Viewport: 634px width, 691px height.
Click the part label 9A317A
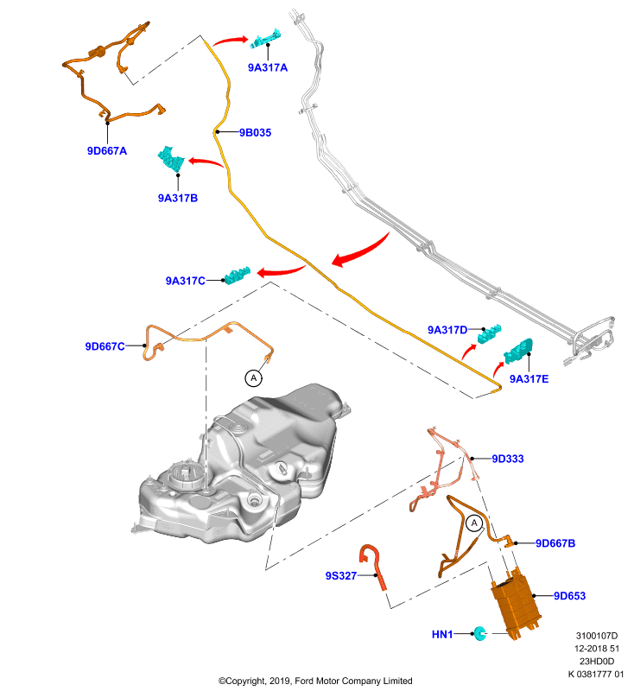(x=268, y=67)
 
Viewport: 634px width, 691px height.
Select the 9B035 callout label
(x=255, y=133)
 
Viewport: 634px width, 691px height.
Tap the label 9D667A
(x=107, y=150)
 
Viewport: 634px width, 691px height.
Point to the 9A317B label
(x=178, y=198)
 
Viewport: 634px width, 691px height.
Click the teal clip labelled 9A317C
(x=238, y=276)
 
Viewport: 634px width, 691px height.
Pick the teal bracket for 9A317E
(x=518, y=352)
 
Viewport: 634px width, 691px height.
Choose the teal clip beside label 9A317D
(x=490, y=333)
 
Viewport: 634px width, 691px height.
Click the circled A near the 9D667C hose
(x=253, y=378)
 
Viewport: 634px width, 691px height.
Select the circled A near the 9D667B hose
(x=474, y=523)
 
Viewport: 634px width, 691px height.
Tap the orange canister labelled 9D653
(x=516, y=603)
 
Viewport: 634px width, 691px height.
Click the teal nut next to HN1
(x=479, y=634)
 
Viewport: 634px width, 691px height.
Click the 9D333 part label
(x=508, y=459)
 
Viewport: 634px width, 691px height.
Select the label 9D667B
(x=555, y=543)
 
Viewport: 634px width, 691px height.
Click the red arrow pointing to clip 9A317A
(x=231, y=41)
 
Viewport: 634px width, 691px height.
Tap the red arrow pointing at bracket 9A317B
(x=206, y=162)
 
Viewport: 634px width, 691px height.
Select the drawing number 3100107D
(x=597, y=636)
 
